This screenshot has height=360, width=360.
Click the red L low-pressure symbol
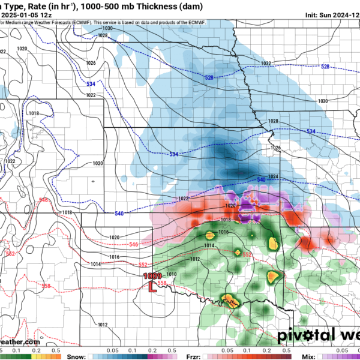click(152, 287)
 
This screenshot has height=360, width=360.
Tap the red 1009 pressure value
click(152, 276)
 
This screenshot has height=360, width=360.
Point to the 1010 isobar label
click(172, 274)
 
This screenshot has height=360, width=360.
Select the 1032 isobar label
click(266, 64)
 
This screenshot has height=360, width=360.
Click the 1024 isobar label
click(273, 176)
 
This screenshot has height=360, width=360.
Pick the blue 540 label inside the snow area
click(261, 180)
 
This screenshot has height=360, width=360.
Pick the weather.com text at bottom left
click(20, 342)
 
